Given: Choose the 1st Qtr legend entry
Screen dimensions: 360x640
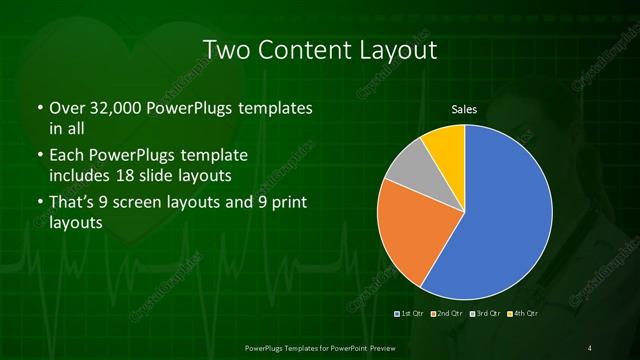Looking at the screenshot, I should tap(412, 314).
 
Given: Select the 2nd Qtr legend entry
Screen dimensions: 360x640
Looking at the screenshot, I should tap(447, 314).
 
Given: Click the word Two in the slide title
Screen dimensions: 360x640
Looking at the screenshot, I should tap(228, 50).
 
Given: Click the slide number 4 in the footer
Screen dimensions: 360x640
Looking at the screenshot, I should tap(591, 347).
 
